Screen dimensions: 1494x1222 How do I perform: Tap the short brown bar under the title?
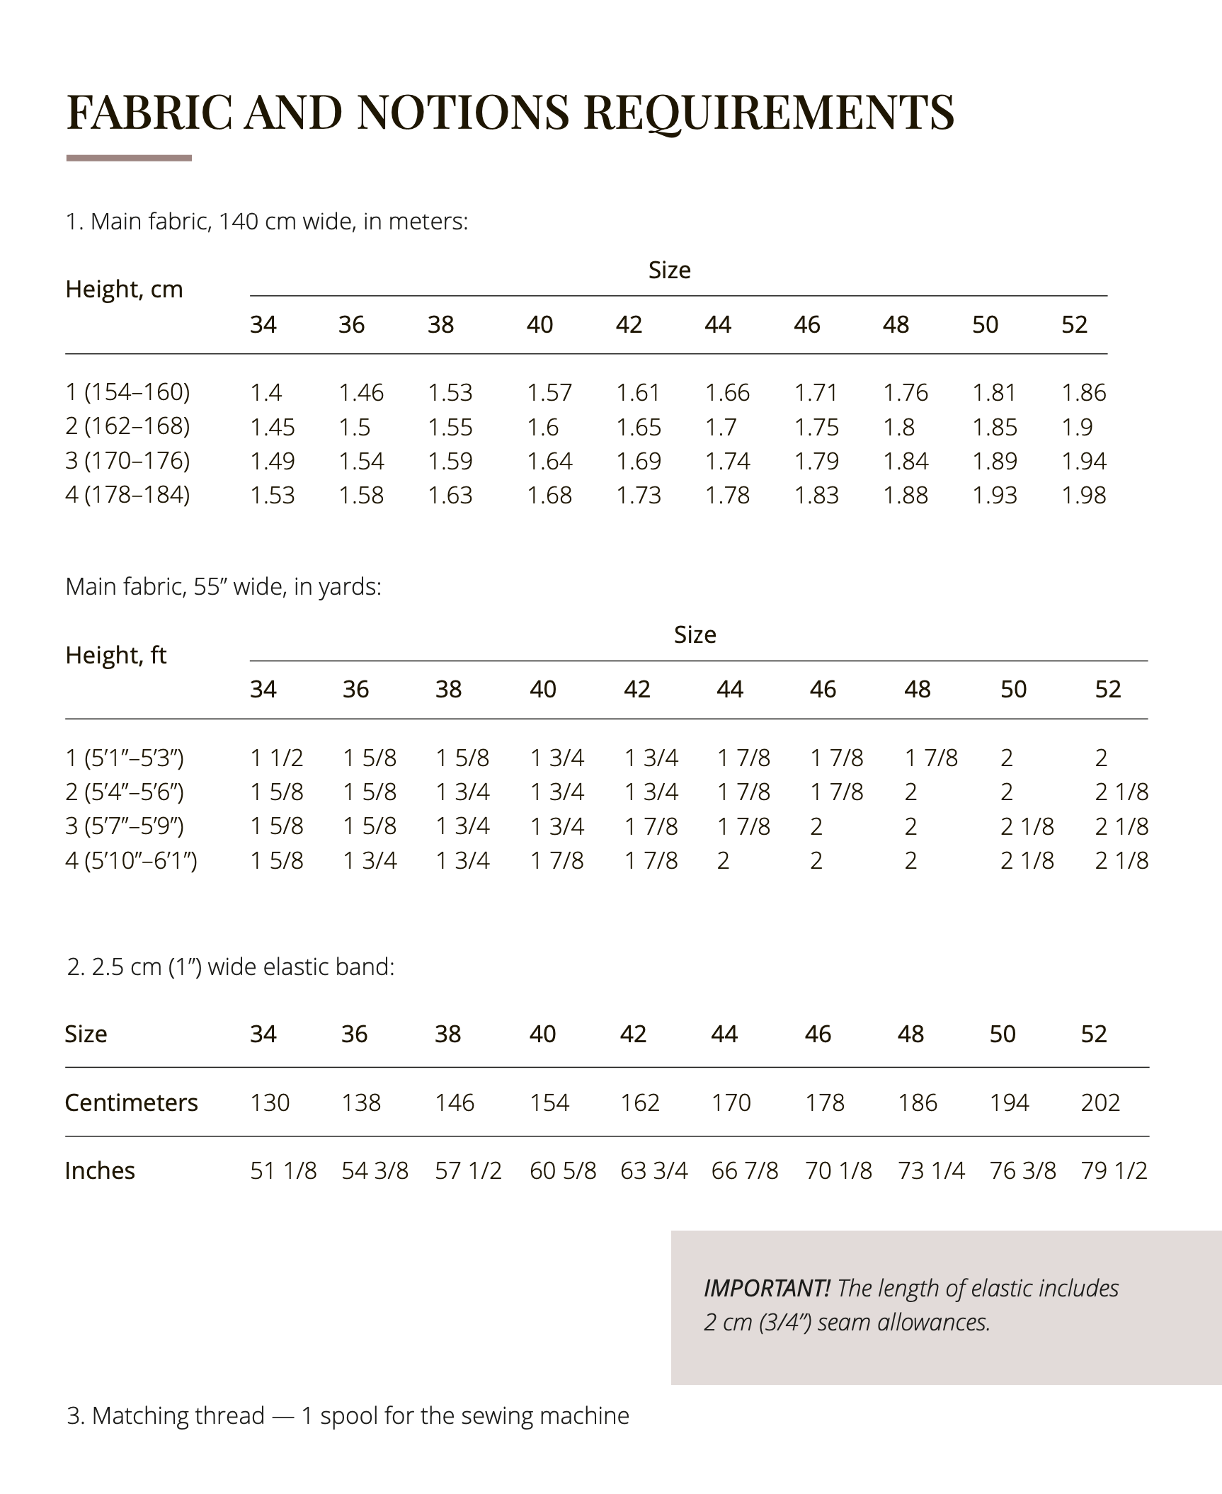129,158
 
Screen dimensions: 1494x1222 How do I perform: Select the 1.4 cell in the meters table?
265,392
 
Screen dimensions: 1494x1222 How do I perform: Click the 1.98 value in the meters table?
1083,495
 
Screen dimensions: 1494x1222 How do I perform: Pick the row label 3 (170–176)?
127,461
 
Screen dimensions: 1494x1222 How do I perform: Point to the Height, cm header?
124,289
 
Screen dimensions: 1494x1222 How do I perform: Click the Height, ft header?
115,655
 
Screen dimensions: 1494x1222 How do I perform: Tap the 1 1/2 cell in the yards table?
276,758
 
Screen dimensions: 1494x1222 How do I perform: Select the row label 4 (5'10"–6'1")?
131,860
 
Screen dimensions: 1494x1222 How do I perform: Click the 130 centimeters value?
270,1102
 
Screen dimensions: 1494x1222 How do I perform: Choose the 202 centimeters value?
1100,1102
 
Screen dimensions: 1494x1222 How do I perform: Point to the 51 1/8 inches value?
283,1170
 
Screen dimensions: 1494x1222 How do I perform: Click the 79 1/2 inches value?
1114,1170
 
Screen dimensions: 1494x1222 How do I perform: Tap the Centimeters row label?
131,1102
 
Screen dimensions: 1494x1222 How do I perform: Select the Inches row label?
99,1170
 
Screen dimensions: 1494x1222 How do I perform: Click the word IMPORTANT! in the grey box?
767,1288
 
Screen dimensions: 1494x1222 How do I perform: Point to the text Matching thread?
178,1415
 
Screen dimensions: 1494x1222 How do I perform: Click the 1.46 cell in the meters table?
361,392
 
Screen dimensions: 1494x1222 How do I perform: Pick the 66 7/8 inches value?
745,1170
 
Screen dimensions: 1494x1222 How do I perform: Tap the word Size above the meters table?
669,270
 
